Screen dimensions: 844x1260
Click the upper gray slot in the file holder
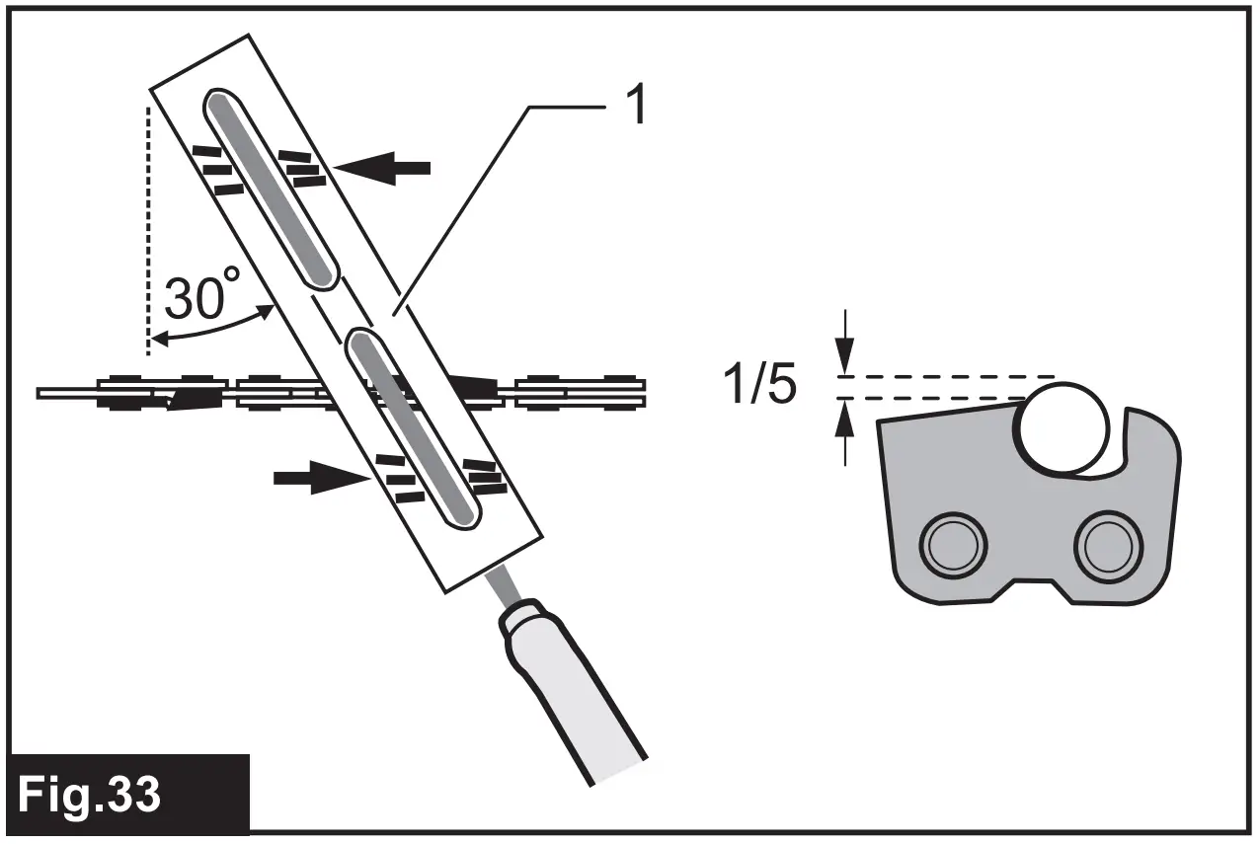[272, 191]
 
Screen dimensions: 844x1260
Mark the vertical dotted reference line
[148, 227]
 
